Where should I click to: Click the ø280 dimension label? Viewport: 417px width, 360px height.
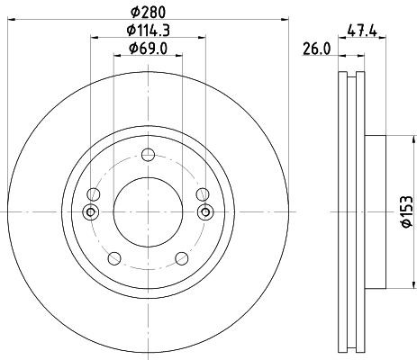149,11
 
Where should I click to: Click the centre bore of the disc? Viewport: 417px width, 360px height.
148,211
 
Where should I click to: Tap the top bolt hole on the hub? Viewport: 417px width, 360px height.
148,153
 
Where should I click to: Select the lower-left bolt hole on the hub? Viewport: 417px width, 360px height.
113,259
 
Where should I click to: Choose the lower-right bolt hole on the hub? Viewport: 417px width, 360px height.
183,259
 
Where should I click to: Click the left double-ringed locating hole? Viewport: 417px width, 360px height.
89,211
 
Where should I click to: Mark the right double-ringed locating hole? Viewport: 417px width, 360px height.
205,211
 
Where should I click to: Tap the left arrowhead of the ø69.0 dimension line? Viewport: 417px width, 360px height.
116,56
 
